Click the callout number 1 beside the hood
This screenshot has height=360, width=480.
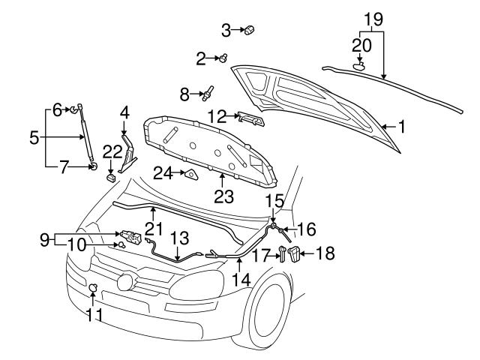(401, 127)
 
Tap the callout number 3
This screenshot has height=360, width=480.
(226, 30)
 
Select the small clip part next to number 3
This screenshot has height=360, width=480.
(250, 30)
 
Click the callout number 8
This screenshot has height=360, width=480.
(185, 94)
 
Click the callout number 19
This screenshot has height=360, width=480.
(373, 17)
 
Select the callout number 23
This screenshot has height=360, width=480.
(224, 197)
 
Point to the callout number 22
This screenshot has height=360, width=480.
(112, 151)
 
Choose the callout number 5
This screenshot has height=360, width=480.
(34, 138)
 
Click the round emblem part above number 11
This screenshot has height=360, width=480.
(94, 287)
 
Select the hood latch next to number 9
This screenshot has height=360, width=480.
(130, 238)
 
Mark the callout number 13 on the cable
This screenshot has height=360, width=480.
(178, 237)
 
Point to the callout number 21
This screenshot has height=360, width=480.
(153, 226)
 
